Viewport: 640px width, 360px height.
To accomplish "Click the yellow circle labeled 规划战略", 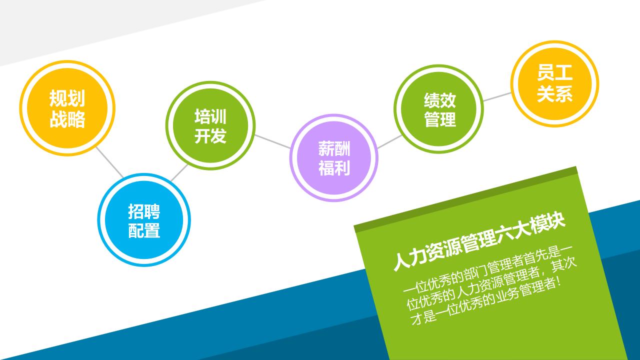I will (67, 108).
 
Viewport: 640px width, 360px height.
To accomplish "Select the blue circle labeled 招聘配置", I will (144, 220).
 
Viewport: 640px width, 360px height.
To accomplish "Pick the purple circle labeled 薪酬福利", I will (333, 158).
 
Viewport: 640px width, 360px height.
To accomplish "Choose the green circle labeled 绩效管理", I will (439, 109).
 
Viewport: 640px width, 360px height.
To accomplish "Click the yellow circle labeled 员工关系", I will (554, 83).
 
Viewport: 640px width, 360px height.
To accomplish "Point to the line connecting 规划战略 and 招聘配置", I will (109, 162).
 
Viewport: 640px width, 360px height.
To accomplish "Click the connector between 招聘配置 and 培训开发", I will (179, 172).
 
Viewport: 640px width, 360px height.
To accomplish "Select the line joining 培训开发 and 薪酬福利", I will (272, 141).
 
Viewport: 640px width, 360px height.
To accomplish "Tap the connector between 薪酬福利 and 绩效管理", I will (389, 141).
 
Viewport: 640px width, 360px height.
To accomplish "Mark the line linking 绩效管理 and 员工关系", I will (497, 96).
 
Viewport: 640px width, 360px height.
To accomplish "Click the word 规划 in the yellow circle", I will (67, 98).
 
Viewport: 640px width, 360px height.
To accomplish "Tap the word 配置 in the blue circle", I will (144, 230).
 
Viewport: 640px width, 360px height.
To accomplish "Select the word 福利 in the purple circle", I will (334, 168).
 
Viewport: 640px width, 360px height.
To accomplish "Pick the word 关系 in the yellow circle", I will (554, 94).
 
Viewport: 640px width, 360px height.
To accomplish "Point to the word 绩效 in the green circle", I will (439, 100).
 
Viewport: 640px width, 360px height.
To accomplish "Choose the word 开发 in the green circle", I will (210, 135).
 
